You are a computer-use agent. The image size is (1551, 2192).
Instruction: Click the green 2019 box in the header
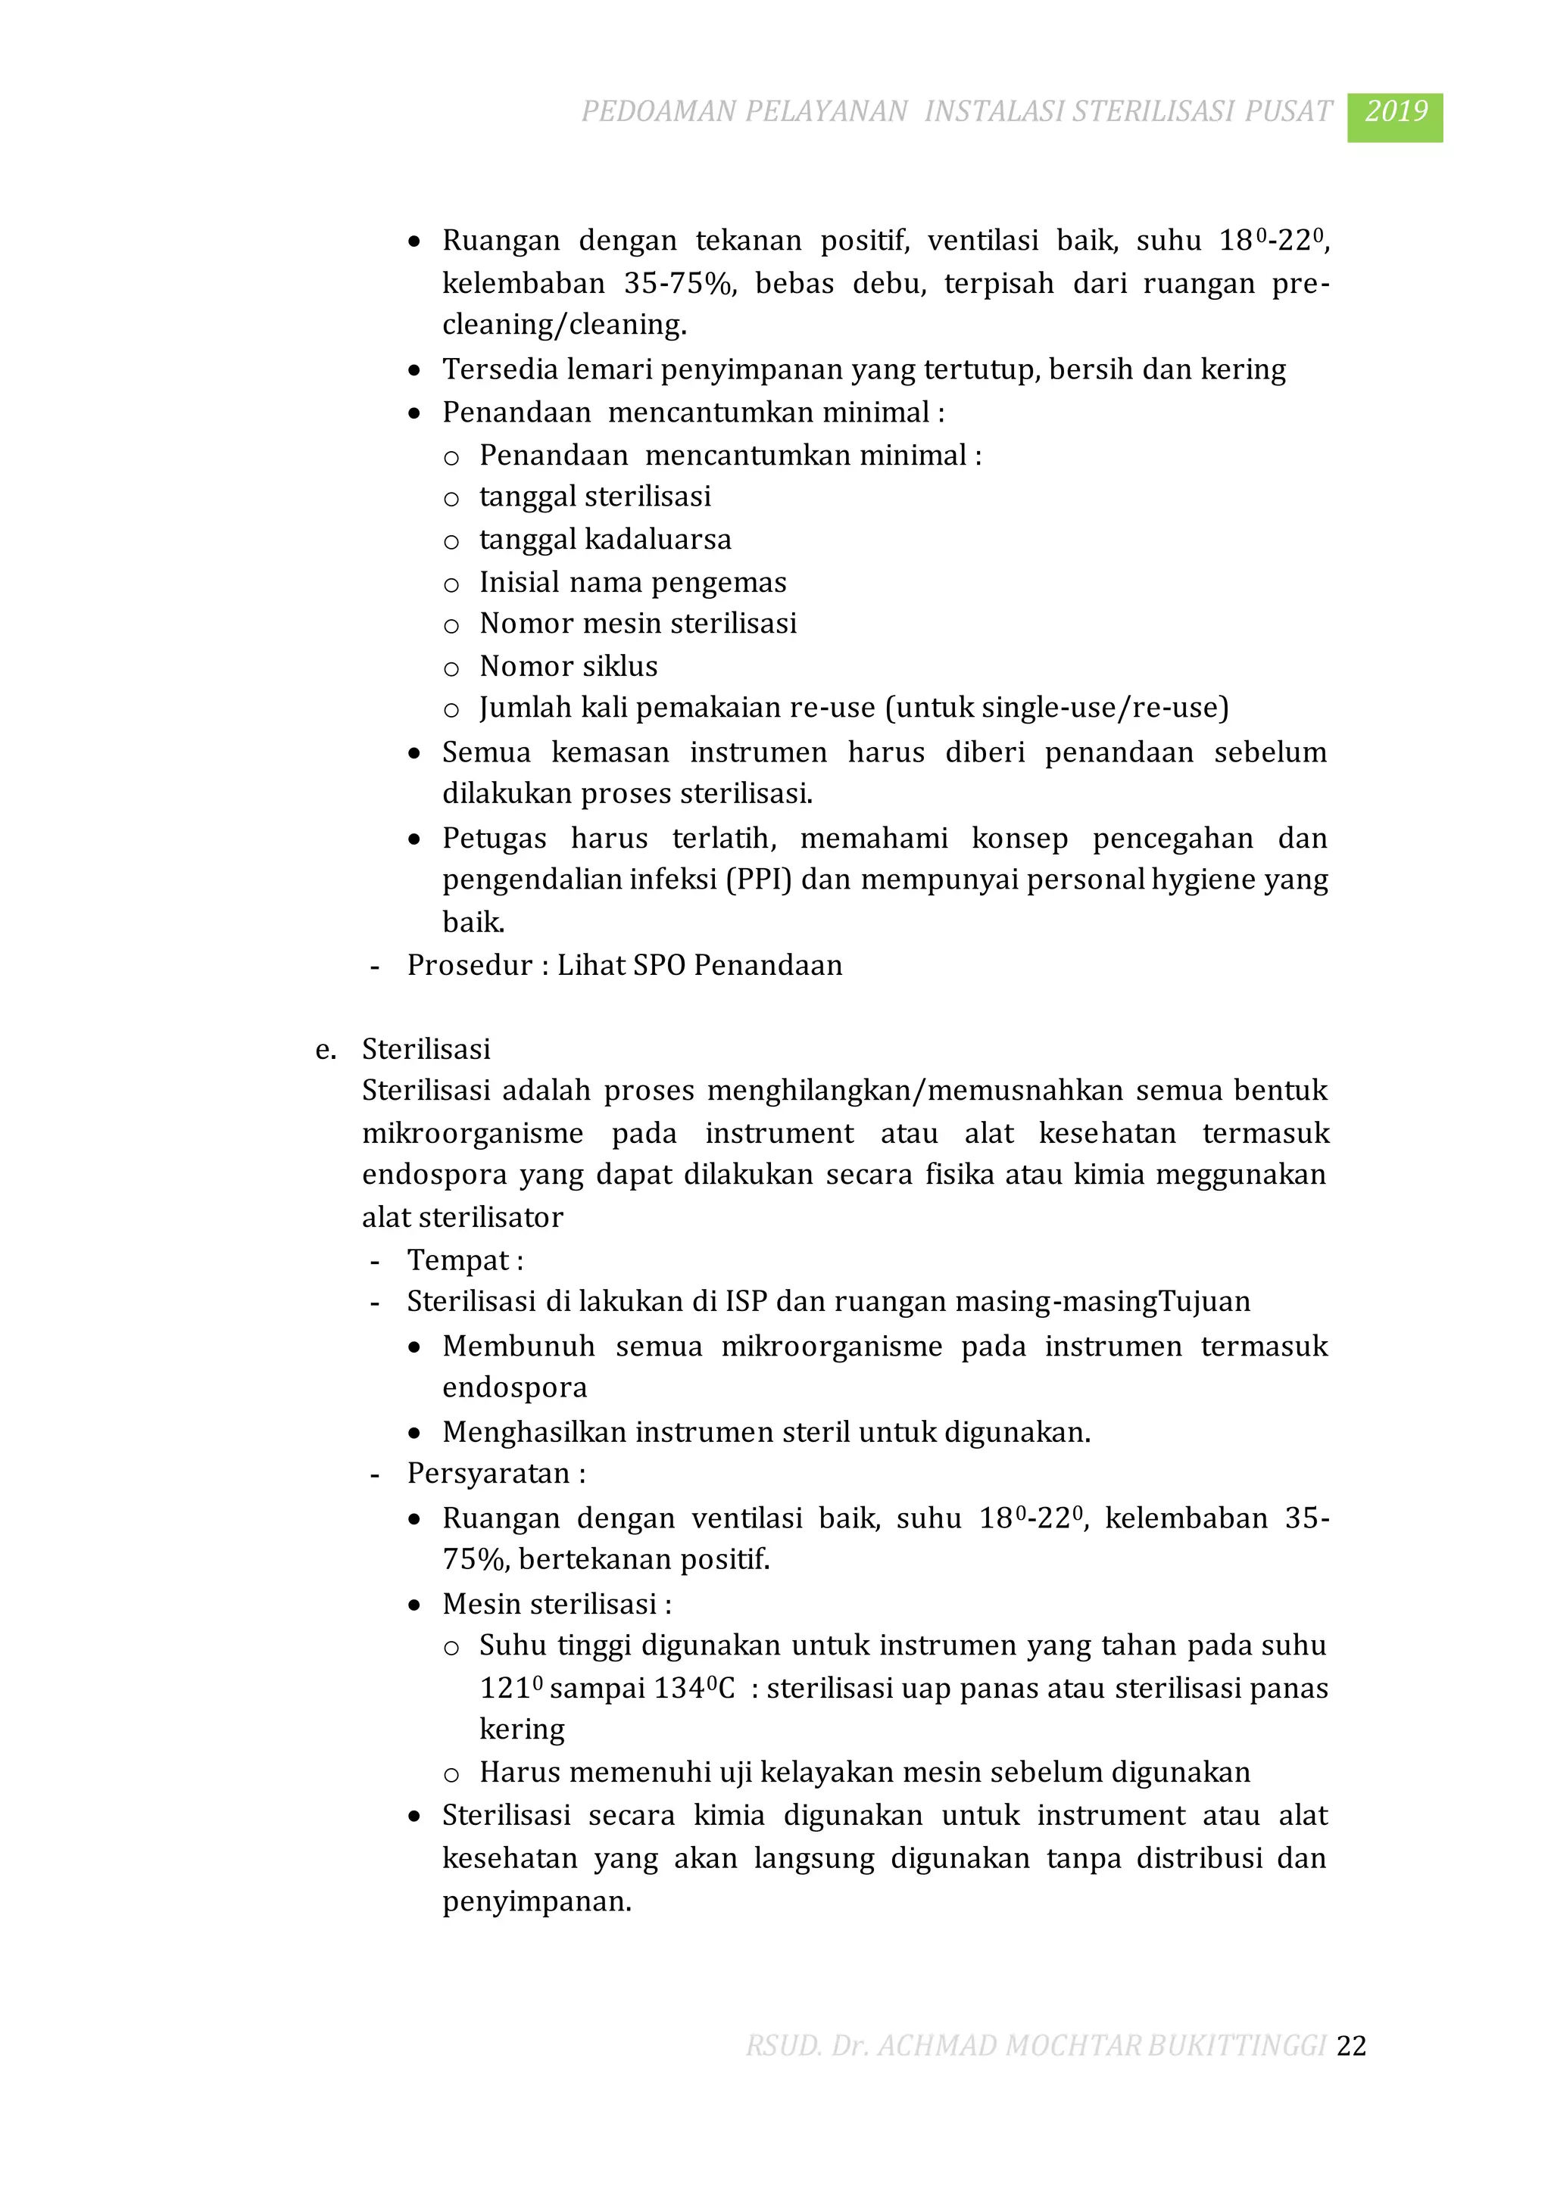(x=1394, y=117)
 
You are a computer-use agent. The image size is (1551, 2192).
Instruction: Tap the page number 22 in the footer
(x=1351, y=2045)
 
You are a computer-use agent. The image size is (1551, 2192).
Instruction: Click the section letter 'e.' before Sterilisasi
(x=326, y=1049)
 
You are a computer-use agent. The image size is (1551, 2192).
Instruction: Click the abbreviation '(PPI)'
(x=760, y=880)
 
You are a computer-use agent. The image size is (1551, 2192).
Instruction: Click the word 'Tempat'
(x=458, y=1260)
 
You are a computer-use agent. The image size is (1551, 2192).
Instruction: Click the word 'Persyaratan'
(x=488, y=1473)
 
